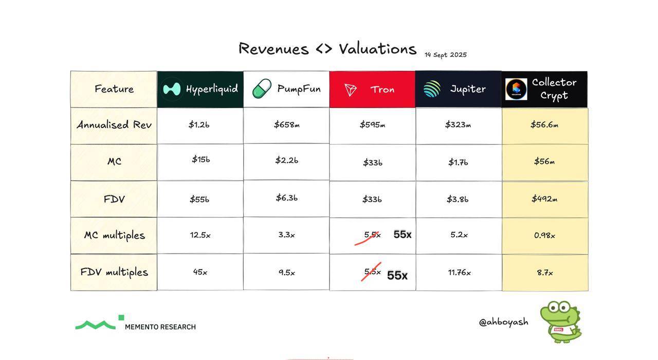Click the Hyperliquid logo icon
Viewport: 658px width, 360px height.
172,89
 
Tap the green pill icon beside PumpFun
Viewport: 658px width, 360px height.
262,88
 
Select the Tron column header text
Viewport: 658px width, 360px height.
382,89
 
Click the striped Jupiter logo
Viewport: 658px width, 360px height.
432,89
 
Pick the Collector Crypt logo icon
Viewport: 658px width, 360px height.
516,89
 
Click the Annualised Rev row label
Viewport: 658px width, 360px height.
114,124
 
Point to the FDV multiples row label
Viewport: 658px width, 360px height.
114,272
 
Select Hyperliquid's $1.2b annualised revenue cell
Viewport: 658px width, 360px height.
199,124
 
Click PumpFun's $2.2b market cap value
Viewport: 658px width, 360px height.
287,160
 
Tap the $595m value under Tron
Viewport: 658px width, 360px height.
373,124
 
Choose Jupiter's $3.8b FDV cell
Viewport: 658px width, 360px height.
458,199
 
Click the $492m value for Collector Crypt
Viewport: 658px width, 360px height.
544,199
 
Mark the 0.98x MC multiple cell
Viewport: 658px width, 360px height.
544,236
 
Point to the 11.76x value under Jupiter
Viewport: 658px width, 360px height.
460,273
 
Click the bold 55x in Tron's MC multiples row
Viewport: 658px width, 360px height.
403,235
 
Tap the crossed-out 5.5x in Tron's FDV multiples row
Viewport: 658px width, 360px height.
372,272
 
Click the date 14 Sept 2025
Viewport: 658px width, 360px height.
446,55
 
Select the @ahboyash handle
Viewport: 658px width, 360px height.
503,322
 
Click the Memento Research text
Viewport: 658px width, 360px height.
160,327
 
